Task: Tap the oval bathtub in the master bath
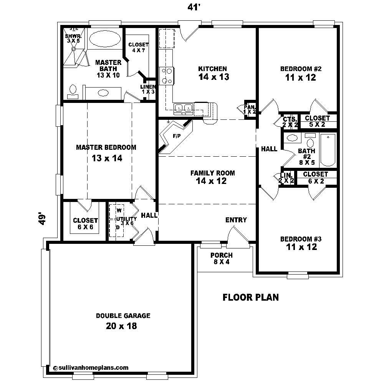click(x=105, y=39)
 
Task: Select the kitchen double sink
click(x=183, y=108)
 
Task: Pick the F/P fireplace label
click(x=176, y=136)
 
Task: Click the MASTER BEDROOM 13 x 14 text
click(x=106, y=152)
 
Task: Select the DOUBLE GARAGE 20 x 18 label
click(x=123, y=321)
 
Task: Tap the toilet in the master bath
click(x=72, y=90)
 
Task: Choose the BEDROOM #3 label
click(x=301, y=243)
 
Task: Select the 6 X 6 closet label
click(x=85, y=224)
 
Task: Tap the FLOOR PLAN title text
click(x=251, y=297)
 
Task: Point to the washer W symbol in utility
click(x=119, y=210)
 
